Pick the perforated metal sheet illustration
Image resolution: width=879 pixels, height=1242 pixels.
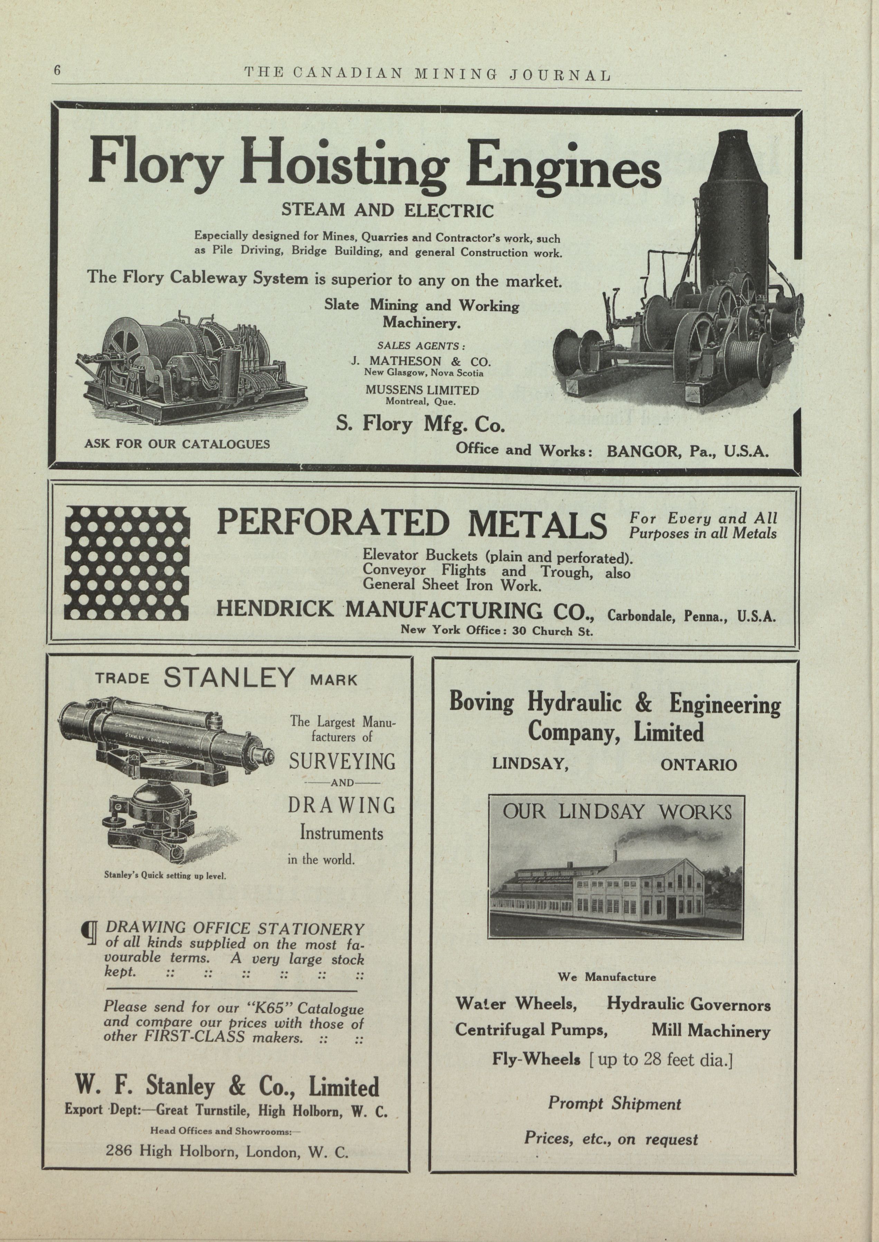(127, 563)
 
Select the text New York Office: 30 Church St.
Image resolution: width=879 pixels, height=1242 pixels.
(496, 630)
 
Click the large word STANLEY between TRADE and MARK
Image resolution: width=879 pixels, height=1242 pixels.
(229, 678)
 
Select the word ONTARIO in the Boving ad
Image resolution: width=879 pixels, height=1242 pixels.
(698, 765)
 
